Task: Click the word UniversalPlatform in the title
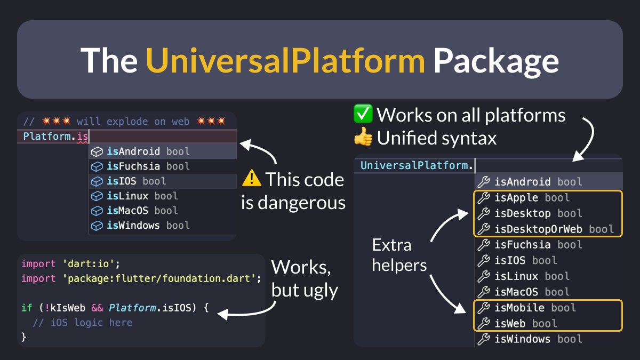point(285,60)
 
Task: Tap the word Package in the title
point(495,60)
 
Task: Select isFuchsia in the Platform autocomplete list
point(133,166)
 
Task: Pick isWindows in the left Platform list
point(133,225)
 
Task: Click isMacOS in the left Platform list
point(129,211)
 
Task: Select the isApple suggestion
point(517,198)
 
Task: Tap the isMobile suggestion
point(519,308)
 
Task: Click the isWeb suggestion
point(510,323)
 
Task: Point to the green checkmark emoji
point(362,115)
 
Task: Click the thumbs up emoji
point(362,138)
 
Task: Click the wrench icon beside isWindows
point(483,339)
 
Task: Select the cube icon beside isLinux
point(97,196)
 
